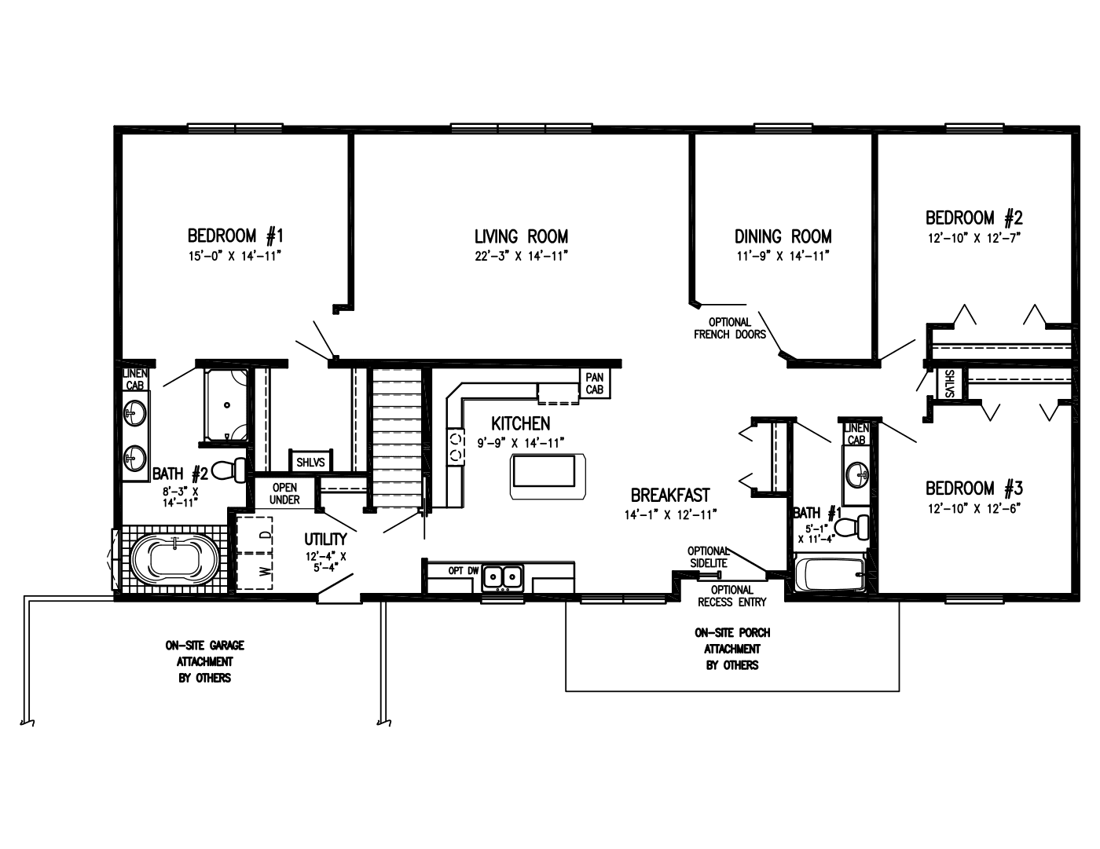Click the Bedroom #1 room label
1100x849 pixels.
234,236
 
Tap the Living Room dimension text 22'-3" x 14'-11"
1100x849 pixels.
521,256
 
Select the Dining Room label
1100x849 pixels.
783,236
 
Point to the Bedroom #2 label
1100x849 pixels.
973,218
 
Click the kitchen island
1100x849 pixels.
548,475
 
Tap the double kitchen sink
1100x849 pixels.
503,577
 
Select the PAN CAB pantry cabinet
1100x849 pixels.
595,383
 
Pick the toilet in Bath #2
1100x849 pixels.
229,470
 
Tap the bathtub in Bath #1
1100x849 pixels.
830,574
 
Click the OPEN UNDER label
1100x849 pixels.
284,493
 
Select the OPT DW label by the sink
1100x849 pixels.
463,571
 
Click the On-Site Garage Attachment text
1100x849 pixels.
204,661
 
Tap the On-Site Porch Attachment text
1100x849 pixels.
731,649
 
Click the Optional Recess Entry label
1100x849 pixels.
731,596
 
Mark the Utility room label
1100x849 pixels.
325,540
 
